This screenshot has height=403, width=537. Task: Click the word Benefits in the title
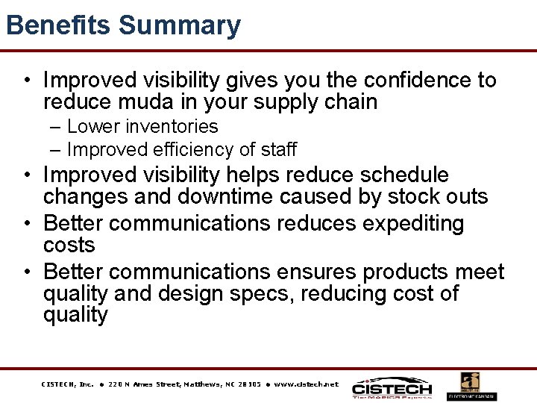tap(58, 25)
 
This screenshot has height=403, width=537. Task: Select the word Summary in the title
tap(180, 25)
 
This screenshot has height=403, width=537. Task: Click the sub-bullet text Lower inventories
tap(142, 127)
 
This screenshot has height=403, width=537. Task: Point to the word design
tap(197, 293)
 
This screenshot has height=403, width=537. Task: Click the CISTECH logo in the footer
tap(392, 387)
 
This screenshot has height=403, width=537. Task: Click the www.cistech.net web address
tap(306, 384)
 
